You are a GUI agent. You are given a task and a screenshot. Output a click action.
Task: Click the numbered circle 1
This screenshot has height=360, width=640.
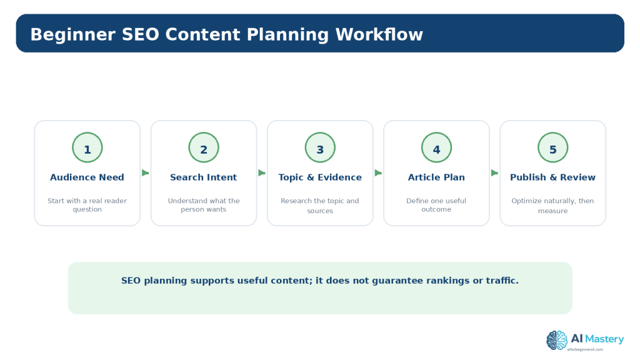point(87,147)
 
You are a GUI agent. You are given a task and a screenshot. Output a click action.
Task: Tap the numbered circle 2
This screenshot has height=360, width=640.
point(204,147)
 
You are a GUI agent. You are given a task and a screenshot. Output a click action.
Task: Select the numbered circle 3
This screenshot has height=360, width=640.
point(320,147)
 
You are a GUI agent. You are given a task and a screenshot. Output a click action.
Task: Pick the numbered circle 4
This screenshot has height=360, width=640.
point(436,147)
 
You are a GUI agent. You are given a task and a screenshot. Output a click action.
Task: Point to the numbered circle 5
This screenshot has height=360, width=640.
point(552,147)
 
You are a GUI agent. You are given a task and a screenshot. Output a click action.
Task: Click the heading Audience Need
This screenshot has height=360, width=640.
point(87,177)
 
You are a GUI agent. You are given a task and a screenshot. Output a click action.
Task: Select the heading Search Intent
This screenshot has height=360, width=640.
point(203,177)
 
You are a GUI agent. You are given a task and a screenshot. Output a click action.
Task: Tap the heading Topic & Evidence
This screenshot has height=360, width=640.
point(320,177)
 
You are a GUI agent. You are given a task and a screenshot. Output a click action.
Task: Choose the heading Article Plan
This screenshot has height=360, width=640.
point(436,177)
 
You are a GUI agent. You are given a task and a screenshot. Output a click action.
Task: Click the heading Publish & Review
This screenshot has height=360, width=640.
point(552,177)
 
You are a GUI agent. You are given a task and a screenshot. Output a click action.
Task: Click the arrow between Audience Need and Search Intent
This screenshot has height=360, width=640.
point(145,172)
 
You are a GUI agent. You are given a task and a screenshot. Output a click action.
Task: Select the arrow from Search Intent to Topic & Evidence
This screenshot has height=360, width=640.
point(262,172)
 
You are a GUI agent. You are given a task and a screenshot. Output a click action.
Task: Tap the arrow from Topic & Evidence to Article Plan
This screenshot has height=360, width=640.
point(378,172)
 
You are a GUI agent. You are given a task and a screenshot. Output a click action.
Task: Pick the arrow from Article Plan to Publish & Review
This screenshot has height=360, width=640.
point(494,172)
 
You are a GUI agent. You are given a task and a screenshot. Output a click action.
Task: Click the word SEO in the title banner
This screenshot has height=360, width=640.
point(141,34)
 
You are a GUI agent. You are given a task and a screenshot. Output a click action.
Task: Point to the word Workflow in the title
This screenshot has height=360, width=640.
point(379,34)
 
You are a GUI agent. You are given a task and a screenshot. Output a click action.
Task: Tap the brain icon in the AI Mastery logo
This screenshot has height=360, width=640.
point(557,340)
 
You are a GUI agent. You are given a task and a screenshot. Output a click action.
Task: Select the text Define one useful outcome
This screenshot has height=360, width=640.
point(436,205)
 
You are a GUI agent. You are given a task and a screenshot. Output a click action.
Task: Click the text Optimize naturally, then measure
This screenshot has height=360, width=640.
point(552,206)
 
